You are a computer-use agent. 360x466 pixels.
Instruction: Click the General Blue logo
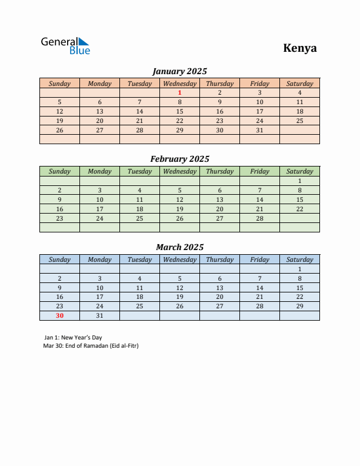click(65, 46)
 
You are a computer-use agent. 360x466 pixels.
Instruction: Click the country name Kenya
click(299, 48)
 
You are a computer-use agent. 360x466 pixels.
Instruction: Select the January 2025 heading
click(179, 71)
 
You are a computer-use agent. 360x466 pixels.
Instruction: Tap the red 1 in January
click(179, 92)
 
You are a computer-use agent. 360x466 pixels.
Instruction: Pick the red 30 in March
click(59, 315)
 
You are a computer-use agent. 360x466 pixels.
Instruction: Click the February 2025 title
click(179, 159)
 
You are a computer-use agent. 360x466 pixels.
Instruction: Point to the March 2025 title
click(179, 247)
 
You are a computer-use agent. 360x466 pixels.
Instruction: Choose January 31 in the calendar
click(259, 130)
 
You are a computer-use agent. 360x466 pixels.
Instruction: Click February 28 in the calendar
click(259, 218)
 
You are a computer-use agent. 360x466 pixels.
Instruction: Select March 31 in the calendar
click(99, 315)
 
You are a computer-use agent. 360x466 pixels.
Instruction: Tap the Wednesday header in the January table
click(179, 84)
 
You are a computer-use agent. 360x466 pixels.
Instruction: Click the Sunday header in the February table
click(59, 171)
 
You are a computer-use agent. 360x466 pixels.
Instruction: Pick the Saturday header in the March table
click(299, 259)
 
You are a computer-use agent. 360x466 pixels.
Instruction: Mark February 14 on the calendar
click(259, 199)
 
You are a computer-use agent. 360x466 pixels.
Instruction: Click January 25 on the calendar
click(299, 121)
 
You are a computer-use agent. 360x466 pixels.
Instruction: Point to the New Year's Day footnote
click(73, 338)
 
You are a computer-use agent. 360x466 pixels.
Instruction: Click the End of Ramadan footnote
click(91, 345)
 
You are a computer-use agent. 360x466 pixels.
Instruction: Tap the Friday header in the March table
click(259, 259)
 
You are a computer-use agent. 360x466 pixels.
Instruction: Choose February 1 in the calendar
click(299, 181)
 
